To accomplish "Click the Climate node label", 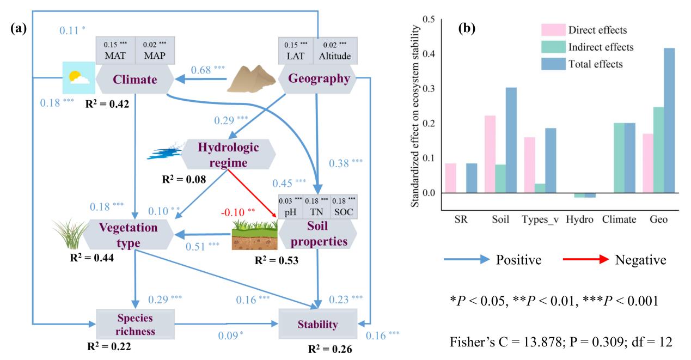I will pos(134,80).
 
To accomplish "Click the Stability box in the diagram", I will pos(317,325).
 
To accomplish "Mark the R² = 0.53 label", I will pos(277,260).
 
